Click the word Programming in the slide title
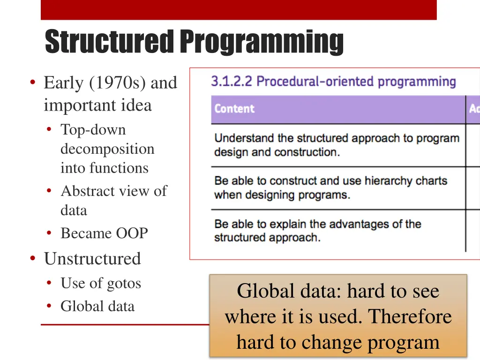click(261, 42)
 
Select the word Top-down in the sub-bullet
click(93, 130)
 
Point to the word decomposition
click(107, 149)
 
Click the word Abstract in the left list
click(89, 191)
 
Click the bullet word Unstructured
click(92, 259)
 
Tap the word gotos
click(123, 284)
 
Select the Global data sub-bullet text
click(97, 307)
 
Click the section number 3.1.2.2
click(232, 82)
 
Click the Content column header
click(234, 109)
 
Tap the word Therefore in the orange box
click(410, 317)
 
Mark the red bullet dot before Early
click(32, 83)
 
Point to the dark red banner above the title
click(239, 10)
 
